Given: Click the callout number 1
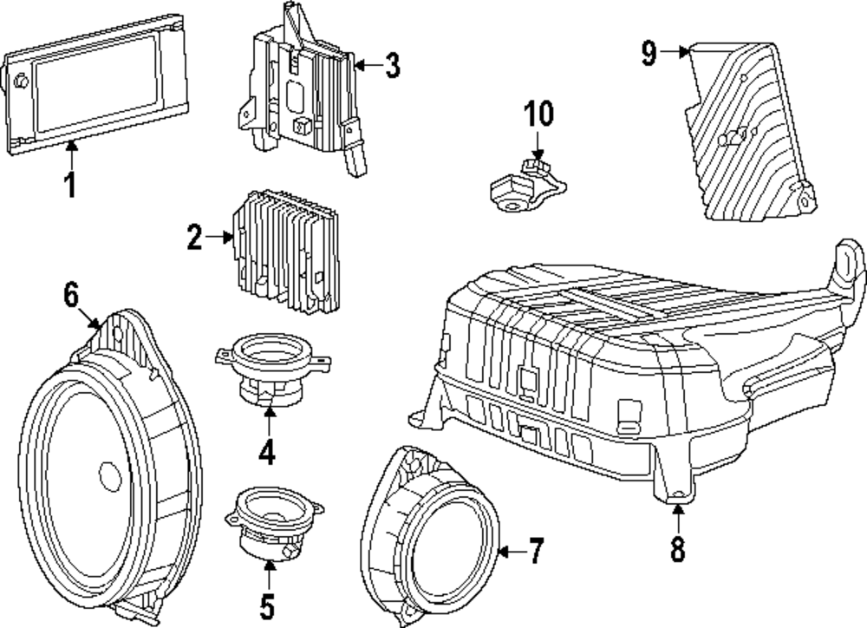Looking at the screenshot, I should click(x=71, y=185).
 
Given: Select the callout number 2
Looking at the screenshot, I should click(x=194, y=236).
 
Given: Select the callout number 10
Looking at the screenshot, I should click(x=538, y=114).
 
